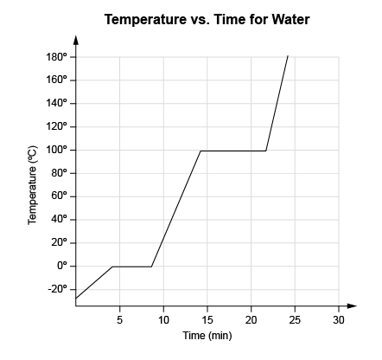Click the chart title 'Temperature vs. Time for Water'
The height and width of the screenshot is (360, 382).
(207, 18)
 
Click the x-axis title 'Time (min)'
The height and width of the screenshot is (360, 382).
(207, 336)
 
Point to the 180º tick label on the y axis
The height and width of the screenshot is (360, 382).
(57, 57)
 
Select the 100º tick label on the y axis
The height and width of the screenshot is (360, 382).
(57, 151)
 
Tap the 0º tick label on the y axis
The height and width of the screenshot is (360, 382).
(61, 267)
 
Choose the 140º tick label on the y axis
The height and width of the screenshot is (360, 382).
(57, 104)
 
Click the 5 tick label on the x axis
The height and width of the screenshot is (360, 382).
(119, 320)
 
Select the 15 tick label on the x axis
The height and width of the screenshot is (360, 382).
(207, 320)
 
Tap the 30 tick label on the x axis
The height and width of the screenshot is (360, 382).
(339, 320)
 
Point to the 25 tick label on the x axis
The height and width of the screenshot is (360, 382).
(295, 320)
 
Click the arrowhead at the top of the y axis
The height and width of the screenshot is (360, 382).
(76, 39)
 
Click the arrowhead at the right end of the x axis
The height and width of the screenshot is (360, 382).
(352, 305)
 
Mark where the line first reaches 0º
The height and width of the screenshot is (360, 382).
(112, 267)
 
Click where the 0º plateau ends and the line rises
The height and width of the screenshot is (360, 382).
(151, 267)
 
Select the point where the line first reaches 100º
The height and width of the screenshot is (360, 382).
(201, 151)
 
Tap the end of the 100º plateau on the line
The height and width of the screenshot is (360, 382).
(266, 151)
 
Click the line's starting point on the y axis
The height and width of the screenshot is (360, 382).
(76, 299)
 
